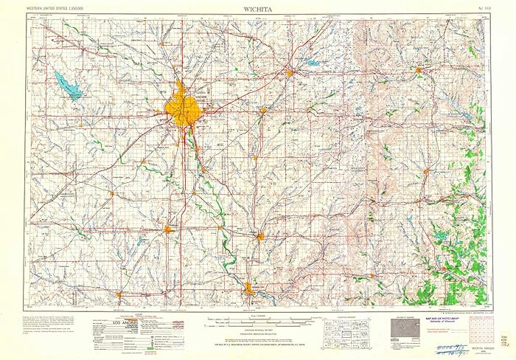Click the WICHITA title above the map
(257, 7)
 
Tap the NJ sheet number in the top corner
(481, 8)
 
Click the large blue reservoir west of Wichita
(67, 84)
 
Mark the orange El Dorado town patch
(291, 72)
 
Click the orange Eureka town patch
(418, 70)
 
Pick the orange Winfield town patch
(261, 237)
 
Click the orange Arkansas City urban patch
(249, 288)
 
